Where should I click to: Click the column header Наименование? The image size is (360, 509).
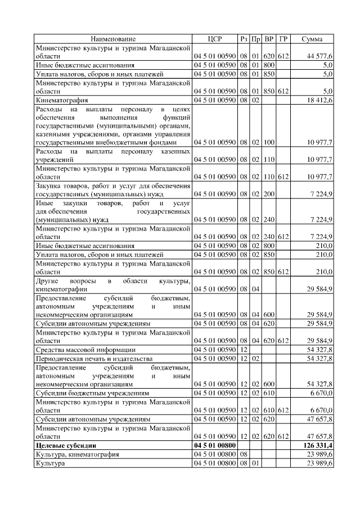click(x=113, y=39)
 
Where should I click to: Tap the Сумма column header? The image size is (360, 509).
click(x=312, y=39)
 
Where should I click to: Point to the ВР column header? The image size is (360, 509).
click(x=269, y=39)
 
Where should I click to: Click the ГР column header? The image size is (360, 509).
click(x=283, y=39)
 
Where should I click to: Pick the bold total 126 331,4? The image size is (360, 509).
click(x=317, y=445)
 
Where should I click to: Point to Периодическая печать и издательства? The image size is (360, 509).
click(x=94, y=358)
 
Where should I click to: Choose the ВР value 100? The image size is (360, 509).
click(x=269, y=143)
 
